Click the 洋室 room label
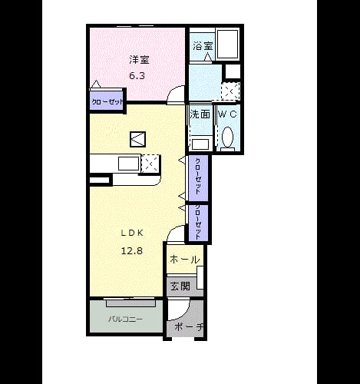pos(139,60)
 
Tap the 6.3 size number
pos(137,76)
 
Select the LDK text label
pos(132,233)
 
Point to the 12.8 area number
pos(132,251)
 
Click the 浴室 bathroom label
pos(203,46)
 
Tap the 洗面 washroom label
pos(200,114)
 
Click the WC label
pos(227,114)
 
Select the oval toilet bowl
pos(227,137)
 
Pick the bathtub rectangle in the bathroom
pos(227,44)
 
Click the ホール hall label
pos(184,260)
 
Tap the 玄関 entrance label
pos(180,286)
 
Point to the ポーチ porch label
pos(189,326)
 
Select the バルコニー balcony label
pos(125,319)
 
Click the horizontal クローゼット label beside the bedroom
pos(107,102)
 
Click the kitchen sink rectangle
pos(128,164)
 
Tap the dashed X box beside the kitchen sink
pos(150,164)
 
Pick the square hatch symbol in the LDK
pos(137,139)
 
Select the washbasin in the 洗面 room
pos(201,144)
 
